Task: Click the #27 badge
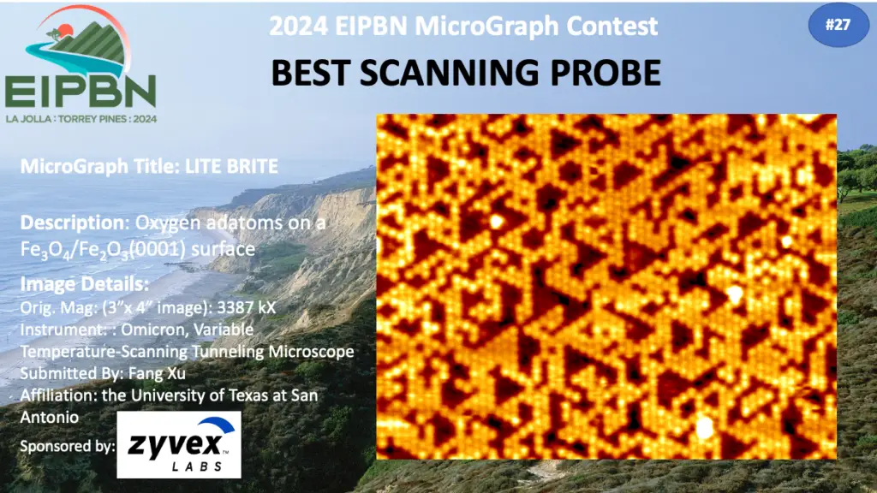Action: tap(838, 25)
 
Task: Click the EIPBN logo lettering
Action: tap(81, 91)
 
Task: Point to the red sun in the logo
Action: tap(65, 30)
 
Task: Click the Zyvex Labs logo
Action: tap(179, 445)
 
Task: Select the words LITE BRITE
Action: tap(231, 167)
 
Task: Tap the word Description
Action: tap(72, 223)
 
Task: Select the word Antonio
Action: tap(49, 417)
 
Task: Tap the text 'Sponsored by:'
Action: tap(68, 446)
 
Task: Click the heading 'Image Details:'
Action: tap(85, 284)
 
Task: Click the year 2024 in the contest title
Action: tap(297, 26)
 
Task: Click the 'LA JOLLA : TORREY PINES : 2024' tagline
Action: tap(81, 119)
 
